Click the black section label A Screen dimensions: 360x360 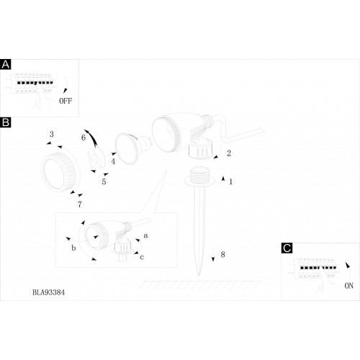click(6, 65)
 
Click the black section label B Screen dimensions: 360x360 click(6, 122)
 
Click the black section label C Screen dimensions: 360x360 click(287, 248)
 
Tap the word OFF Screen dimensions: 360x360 click(66, 101)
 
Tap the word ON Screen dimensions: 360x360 click(348, 286)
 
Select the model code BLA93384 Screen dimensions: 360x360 click(48, 292)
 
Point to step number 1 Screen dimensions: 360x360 click(231, 181)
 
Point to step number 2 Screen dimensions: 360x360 click(229, 153)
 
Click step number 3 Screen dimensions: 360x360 click(52, 134)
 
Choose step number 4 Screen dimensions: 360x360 click(113, 161)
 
